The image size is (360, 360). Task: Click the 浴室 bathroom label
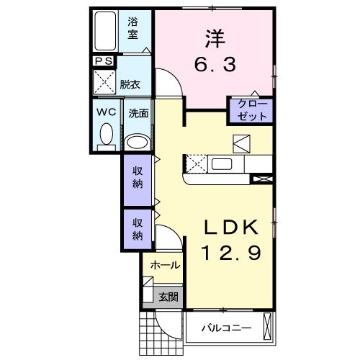133,28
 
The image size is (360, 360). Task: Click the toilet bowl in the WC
107,135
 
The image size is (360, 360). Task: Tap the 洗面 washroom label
138,113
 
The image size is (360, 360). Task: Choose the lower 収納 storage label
137,229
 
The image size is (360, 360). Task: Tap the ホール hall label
164,266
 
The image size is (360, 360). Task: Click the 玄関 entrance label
168,296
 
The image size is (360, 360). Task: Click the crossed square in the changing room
104,84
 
